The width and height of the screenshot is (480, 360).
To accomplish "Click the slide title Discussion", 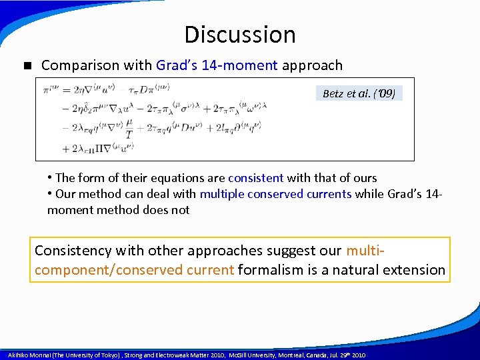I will pyautogui.click(x=239, y=35).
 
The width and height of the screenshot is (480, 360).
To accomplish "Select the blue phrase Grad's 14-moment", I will pyautogui.click(x=217, y=65).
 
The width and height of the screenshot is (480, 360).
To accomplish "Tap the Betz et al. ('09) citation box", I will pyautogui.click(x=359, y=93).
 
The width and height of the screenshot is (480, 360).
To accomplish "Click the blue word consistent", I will pyautogui.click(x=255, y=178).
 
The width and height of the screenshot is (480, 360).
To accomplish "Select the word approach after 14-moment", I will pyautogui.click(x=312, y=65).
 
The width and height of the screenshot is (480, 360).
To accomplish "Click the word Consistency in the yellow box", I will pyautogui.click(x=73, y=251).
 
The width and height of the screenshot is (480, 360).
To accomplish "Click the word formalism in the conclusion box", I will pyautogui.click(x=270, y=270).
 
